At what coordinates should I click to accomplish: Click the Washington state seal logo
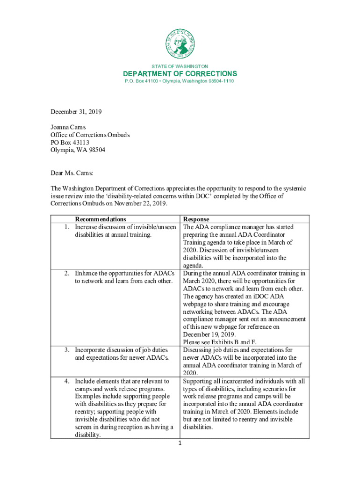[x=180, y=44]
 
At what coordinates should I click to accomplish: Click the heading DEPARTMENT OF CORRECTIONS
[x=180, y=74]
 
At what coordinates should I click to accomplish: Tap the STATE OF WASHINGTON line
[x=180, y=66]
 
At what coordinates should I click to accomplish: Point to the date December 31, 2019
[x=76, y=112]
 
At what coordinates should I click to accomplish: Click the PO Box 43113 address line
[x=70, y=142]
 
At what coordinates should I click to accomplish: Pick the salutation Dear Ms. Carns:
[x=72, y=173]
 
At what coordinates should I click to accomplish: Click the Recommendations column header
[x=100, y=219]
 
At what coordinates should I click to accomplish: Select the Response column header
[x=196, y=219]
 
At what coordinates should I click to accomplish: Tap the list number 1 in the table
[x=67, y=227]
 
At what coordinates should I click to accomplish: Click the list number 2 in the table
[x=67, y=273]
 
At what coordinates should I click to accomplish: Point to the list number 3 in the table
[x=67, y=350]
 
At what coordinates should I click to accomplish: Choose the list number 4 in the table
[x=67, y=381]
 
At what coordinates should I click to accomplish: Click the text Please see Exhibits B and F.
[x=220, y=342]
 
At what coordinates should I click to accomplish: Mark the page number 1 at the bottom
[x=180, y=444]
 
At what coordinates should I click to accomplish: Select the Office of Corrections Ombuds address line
[x=90, y=135]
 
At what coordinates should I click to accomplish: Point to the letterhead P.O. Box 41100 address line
[x=180, y=81]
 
